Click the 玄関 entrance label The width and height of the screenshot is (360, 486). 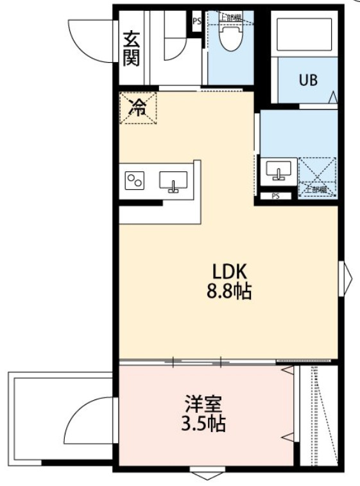[132, 48]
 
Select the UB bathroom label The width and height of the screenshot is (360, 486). [307, 81]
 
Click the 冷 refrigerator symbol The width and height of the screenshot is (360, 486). [137, 108]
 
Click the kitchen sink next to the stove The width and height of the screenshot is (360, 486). [172, 181]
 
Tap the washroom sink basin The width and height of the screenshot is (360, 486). [279, 171]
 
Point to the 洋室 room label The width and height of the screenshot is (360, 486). [203, 405]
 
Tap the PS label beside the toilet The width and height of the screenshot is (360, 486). [196, 20]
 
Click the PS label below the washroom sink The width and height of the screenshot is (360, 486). [275, 196]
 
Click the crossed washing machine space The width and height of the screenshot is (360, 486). [316, 174]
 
